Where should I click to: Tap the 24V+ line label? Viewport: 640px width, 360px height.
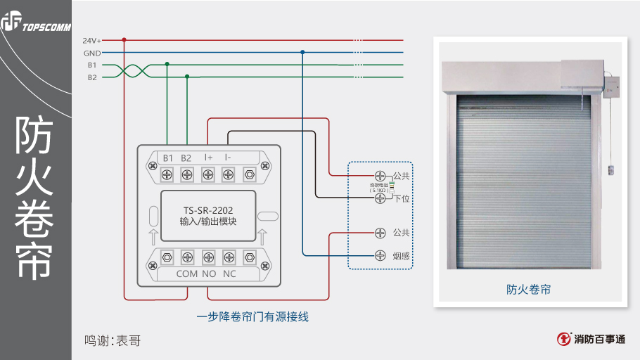(92, 40)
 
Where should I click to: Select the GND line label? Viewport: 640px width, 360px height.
(92, 53)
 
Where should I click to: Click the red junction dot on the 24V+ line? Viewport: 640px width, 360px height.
(124, 40)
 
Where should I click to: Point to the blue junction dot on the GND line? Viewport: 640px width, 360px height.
(302, 52)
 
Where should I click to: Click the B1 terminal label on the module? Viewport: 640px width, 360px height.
(167, 157)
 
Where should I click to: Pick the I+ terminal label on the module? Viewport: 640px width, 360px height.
(208, 157)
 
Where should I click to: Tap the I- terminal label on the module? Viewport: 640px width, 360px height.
(228, 157)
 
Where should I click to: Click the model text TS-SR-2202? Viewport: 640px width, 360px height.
(207, 210)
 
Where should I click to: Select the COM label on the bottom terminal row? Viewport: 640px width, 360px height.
(186, 274)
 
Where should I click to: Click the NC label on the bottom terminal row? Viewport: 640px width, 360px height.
(229, 274)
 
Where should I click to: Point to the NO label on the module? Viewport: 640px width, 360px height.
(209, 274)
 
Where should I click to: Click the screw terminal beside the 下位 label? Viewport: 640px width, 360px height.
(380, 199)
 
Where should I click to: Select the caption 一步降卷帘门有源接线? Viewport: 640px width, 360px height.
(252, 316)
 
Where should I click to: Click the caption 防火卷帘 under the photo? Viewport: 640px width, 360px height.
(528, 289)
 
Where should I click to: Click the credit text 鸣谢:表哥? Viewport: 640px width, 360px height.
(113, 341)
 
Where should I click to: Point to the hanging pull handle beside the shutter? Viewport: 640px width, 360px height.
(610, 169)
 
